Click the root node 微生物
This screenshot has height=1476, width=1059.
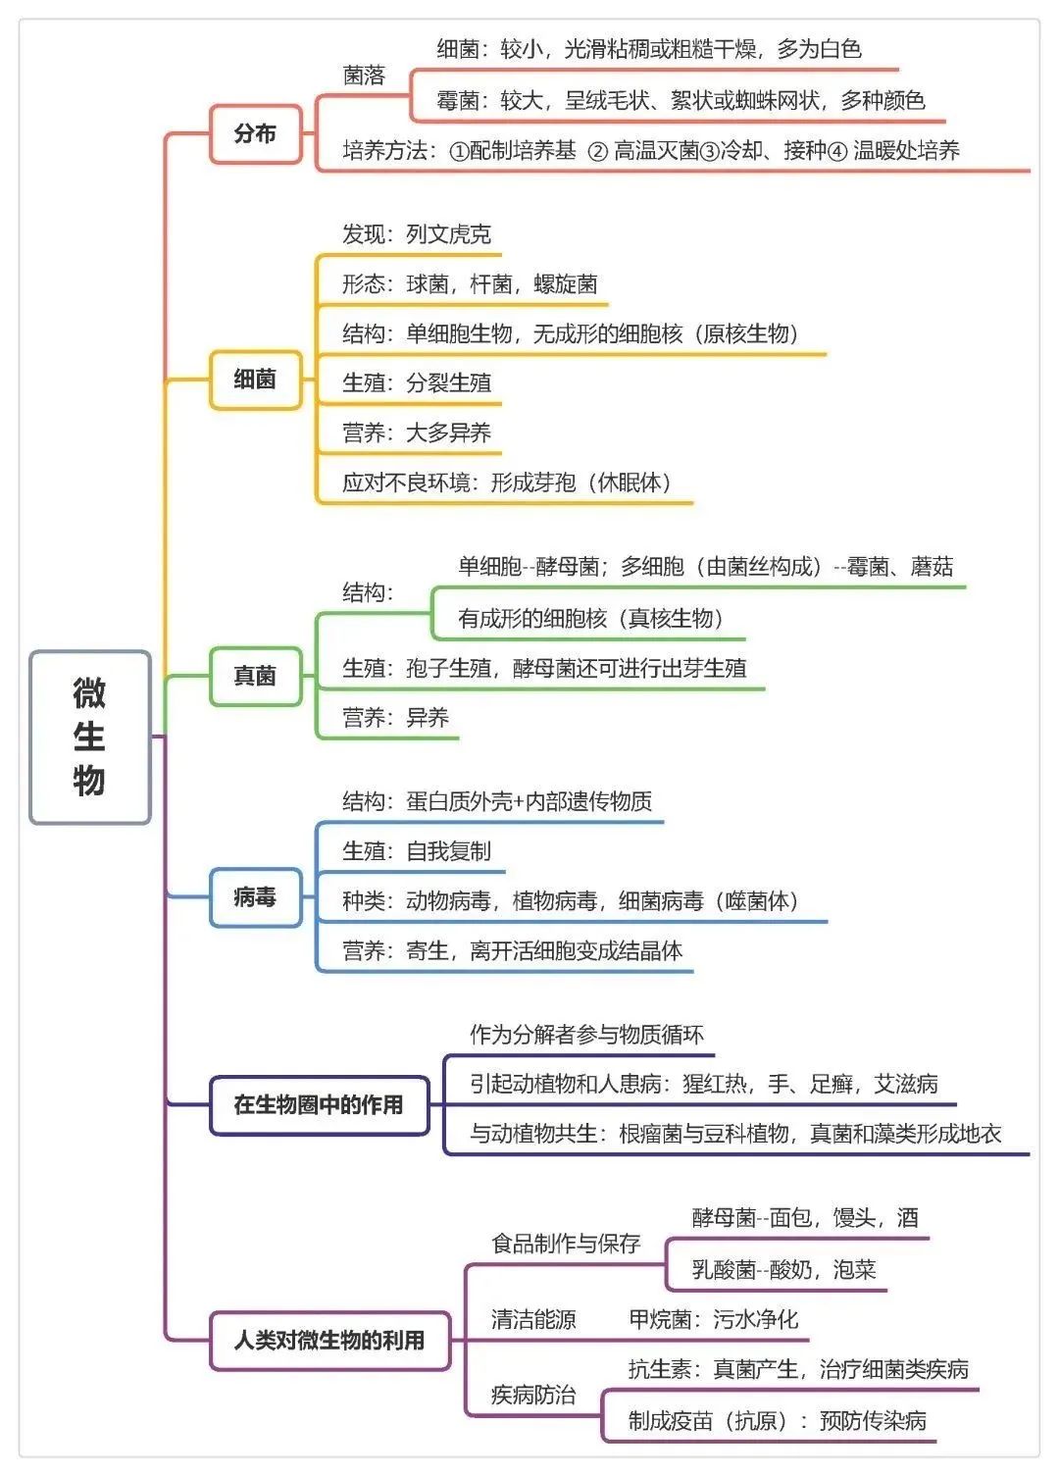pyautogui.click(x=89, y=737)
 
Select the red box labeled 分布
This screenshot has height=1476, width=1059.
pyautogui.click(x=255, y=133)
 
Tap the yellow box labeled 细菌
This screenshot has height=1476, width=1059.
pyautogui.click(x=255, y=380)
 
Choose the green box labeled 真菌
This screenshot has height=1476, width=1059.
pyautogui.click(x=255, y=676)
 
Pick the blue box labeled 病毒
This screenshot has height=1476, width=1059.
pyautogui.click(x=255, y=896)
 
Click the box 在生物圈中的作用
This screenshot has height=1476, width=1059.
pyautogui.click(x=319, y=1105)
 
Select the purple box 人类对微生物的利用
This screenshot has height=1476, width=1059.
pyautogui.click(x=329, y=1340)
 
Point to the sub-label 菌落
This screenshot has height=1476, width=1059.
pyautogui.click(x=364, y=76)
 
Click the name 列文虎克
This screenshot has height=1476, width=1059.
pyautogui.click(x=448, y=234)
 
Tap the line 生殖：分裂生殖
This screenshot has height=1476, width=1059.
pyautogui.click(x=417, y=382)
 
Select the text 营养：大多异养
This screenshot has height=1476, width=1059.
pyautogui.click(x=417, y=433)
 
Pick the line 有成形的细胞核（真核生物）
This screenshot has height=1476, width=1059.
pyautogui.click(x=591, y=618)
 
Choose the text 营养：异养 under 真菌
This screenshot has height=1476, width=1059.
pyautogui.click(x=395, y=718)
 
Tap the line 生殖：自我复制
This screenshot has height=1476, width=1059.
pyautogui.click(x=417, y=851)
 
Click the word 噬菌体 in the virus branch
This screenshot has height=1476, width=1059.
pyautogui.click(x=756, y=901)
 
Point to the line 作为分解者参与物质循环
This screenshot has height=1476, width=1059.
pyautogui.click(x=586, y=1035)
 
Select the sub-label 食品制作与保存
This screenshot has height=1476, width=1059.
pyautogui.click(x=566, y=1244)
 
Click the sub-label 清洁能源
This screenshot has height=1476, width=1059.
pyautogui.click(x=533, y=1320)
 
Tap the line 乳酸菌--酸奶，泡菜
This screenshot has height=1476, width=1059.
pyautogui.click(x=783, y=1270)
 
